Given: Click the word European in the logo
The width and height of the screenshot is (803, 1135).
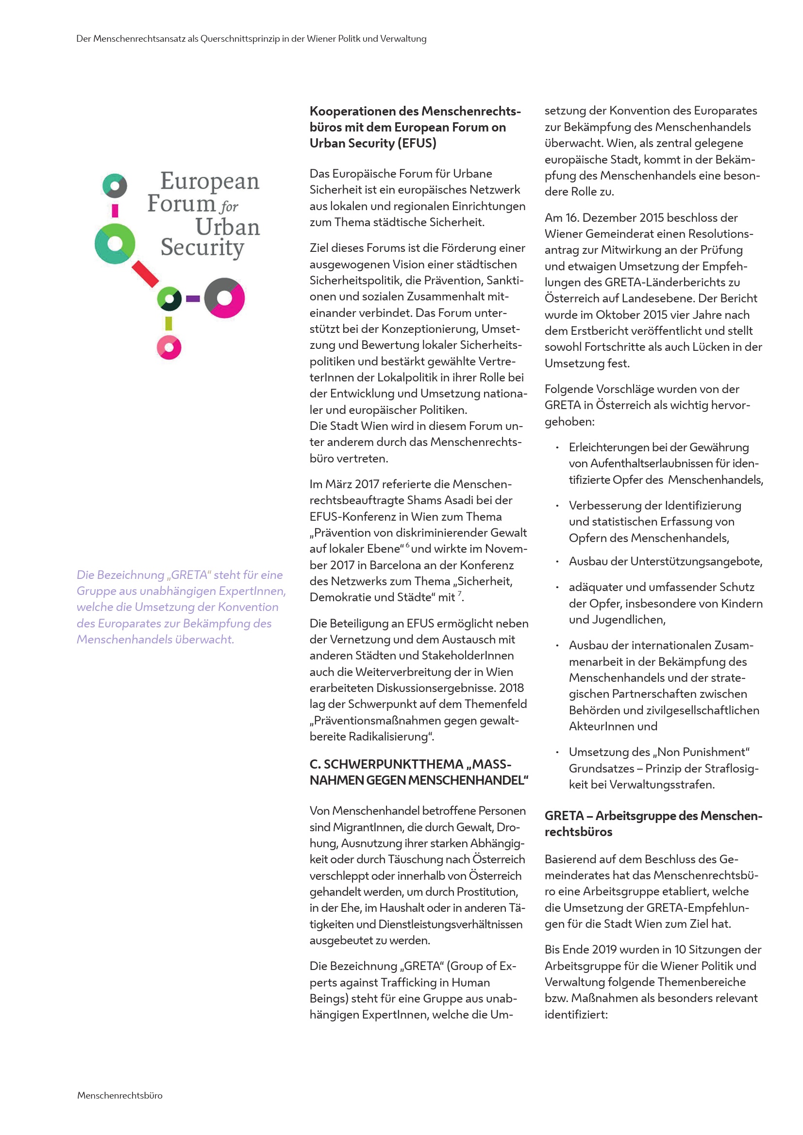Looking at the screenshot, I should coord(210,182).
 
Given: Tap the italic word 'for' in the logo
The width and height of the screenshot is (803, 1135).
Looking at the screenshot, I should coord(230,206).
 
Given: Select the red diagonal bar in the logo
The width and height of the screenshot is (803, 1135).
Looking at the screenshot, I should coord(145,274).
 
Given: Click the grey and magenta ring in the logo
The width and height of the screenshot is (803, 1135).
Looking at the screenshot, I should coord(224,297).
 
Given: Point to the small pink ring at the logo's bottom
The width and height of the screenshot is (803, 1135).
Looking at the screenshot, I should coord(169,347).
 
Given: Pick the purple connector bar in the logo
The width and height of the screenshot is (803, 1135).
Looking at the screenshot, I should coord(193,298).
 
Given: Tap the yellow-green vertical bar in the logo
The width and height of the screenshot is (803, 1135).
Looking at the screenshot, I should coord(168,323).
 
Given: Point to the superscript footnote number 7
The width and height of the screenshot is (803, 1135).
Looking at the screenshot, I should coord(459,593).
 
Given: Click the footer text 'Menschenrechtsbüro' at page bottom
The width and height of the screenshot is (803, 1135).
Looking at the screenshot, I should coord(119,1096).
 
